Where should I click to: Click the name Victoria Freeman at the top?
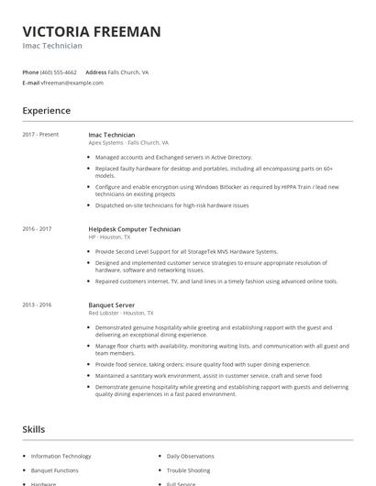coord(92,31)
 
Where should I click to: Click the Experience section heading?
coord(46,111)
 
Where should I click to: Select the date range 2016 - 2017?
coord(37,228)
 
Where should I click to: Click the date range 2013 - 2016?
coord(37,304)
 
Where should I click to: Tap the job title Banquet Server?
coord(113,304)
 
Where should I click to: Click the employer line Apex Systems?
coord(128,143)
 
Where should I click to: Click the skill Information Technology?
coord(61,456)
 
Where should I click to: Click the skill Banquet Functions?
coord(55,469)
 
